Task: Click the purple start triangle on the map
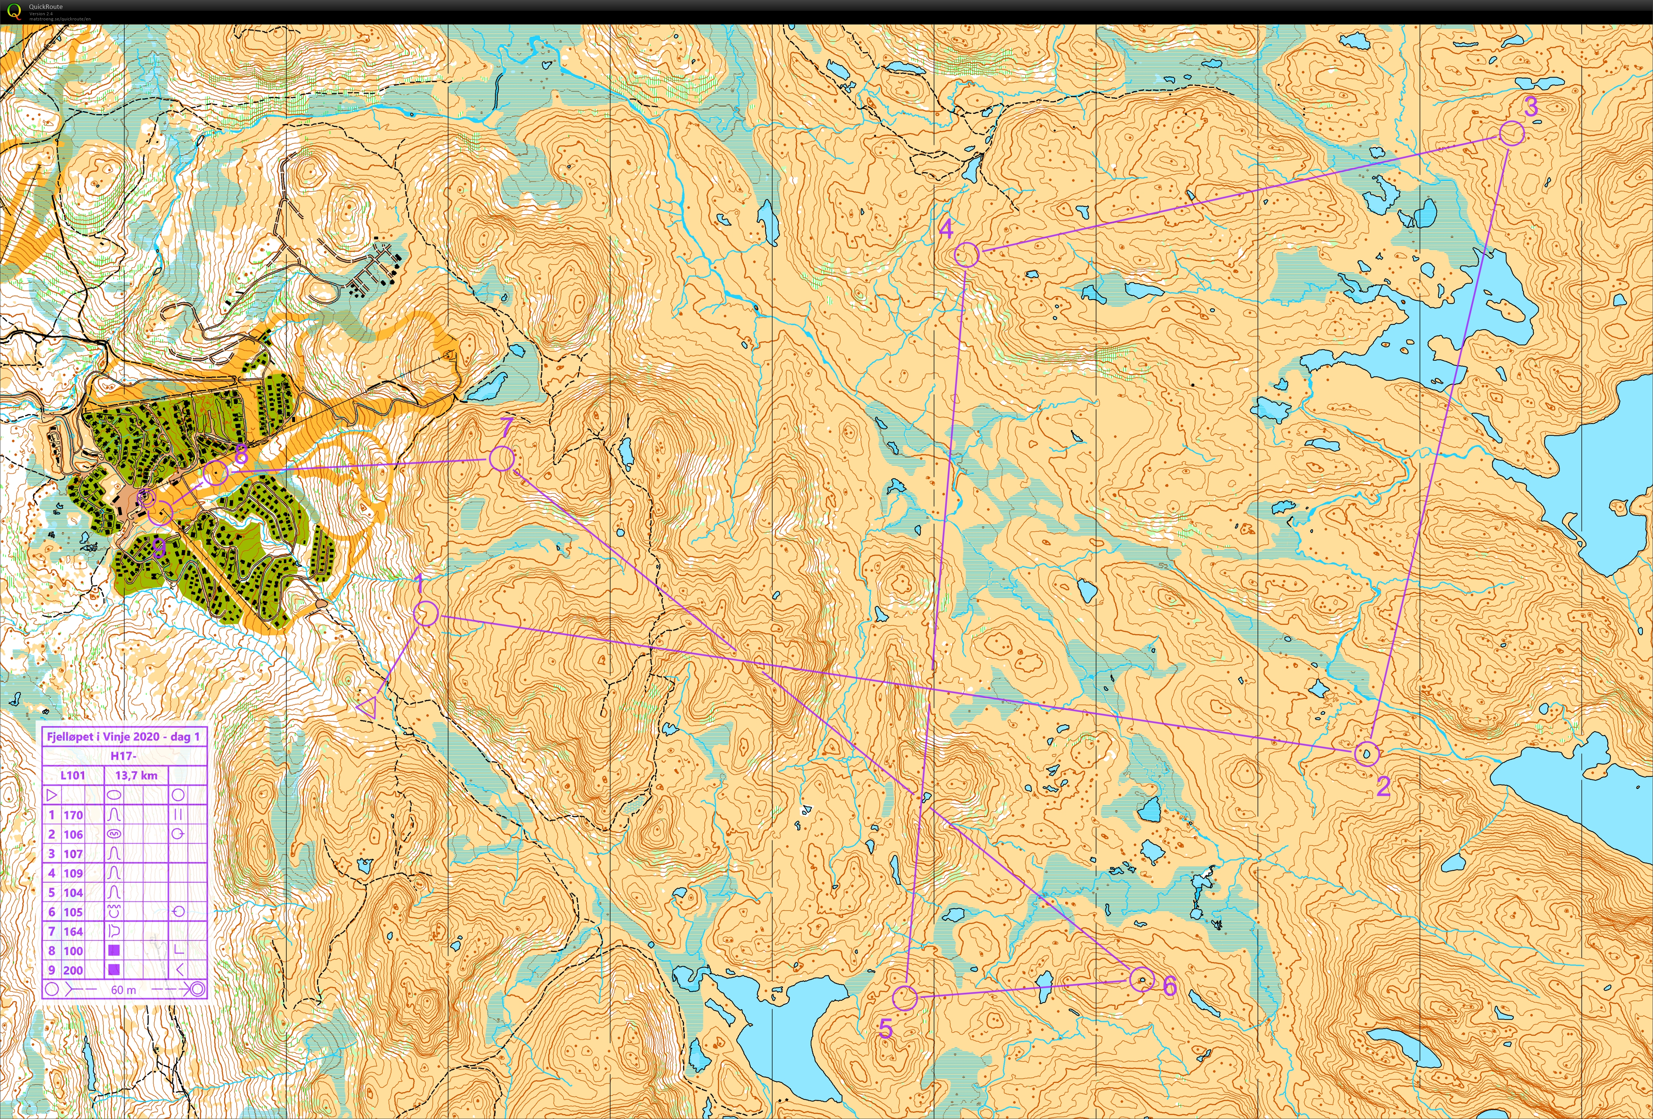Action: [x=367, y=707]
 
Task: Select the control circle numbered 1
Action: [x=425, y=613]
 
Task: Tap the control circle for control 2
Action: [x=1366, y=753]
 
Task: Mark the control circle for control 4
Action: [x=966, y=254]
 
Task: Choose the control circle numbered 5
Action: [x=905, y=997]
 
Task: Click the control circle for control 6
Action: [x=1141, y=979]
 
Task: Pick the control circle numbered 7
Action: [x=501, y=459]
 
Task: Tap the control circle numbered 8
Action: [x=216, y=473]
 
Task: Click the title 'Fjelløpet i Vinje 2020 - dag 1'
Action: [x=123, y=737]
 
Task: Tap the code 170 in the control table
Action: [x=73, y=815]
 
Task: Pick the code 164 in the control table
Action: [x=73, y=931]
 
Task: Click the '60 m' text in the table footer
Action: [x=124, y=990]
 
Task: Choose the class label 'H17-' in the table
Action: [x=123, y=756]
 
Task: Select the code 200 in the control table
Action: [x=73, y=971]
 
